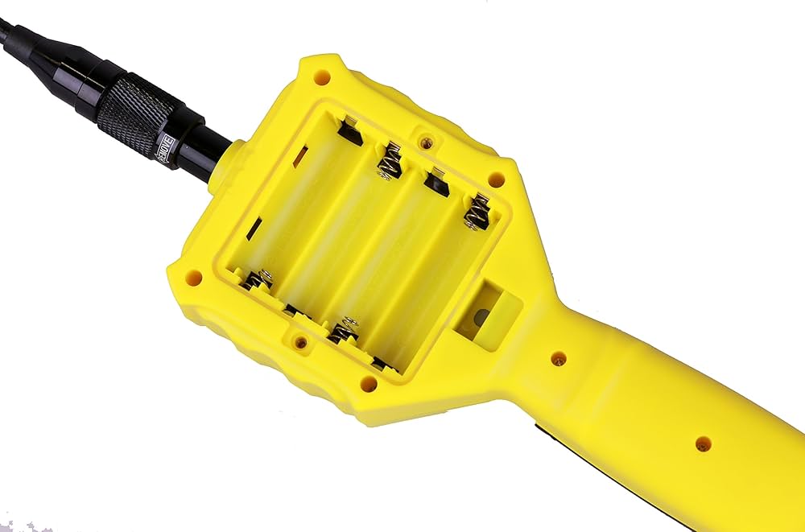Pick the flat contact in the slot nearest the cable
coord(349,130)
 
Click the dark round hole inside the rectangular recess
coord(481,318)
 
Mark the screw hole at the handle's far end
coord(703,443)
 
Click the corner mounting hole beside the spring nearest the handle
coord(497,179)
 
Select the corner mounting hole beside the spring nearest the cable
coord(193,278)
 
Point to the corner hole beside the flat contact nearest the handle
coord(368,384)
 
